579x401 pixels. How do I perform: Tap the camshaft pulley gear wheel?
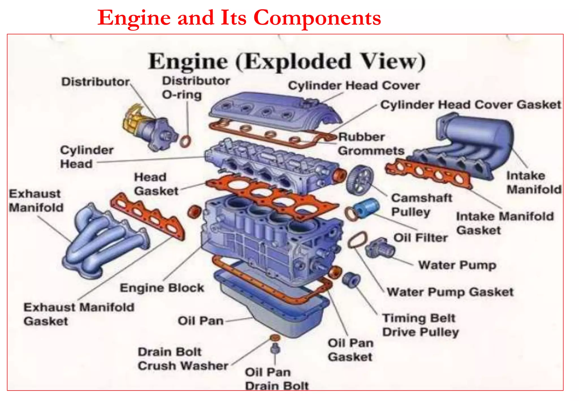coord(360,180)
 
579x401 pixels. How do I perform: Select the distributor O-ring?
coord(185,141)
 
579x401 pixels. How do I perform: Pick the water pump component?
coord(380,248)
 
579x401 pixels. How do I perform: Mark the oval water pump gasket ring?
coord(357,240)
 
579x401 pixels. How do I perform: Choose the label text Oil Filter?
coord(420,238)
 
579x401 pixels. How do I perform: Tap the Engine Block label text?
coord(162,288)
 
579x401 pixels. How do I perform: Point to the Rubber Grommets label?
coord(371,144)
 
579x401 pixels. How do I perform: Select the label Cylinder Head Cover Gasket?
coord(470,105)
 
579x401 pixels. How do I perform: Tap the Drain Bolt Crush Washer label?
coord(183,359)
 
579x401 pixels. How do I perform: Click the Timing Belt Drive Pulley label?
coord(420,325)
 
